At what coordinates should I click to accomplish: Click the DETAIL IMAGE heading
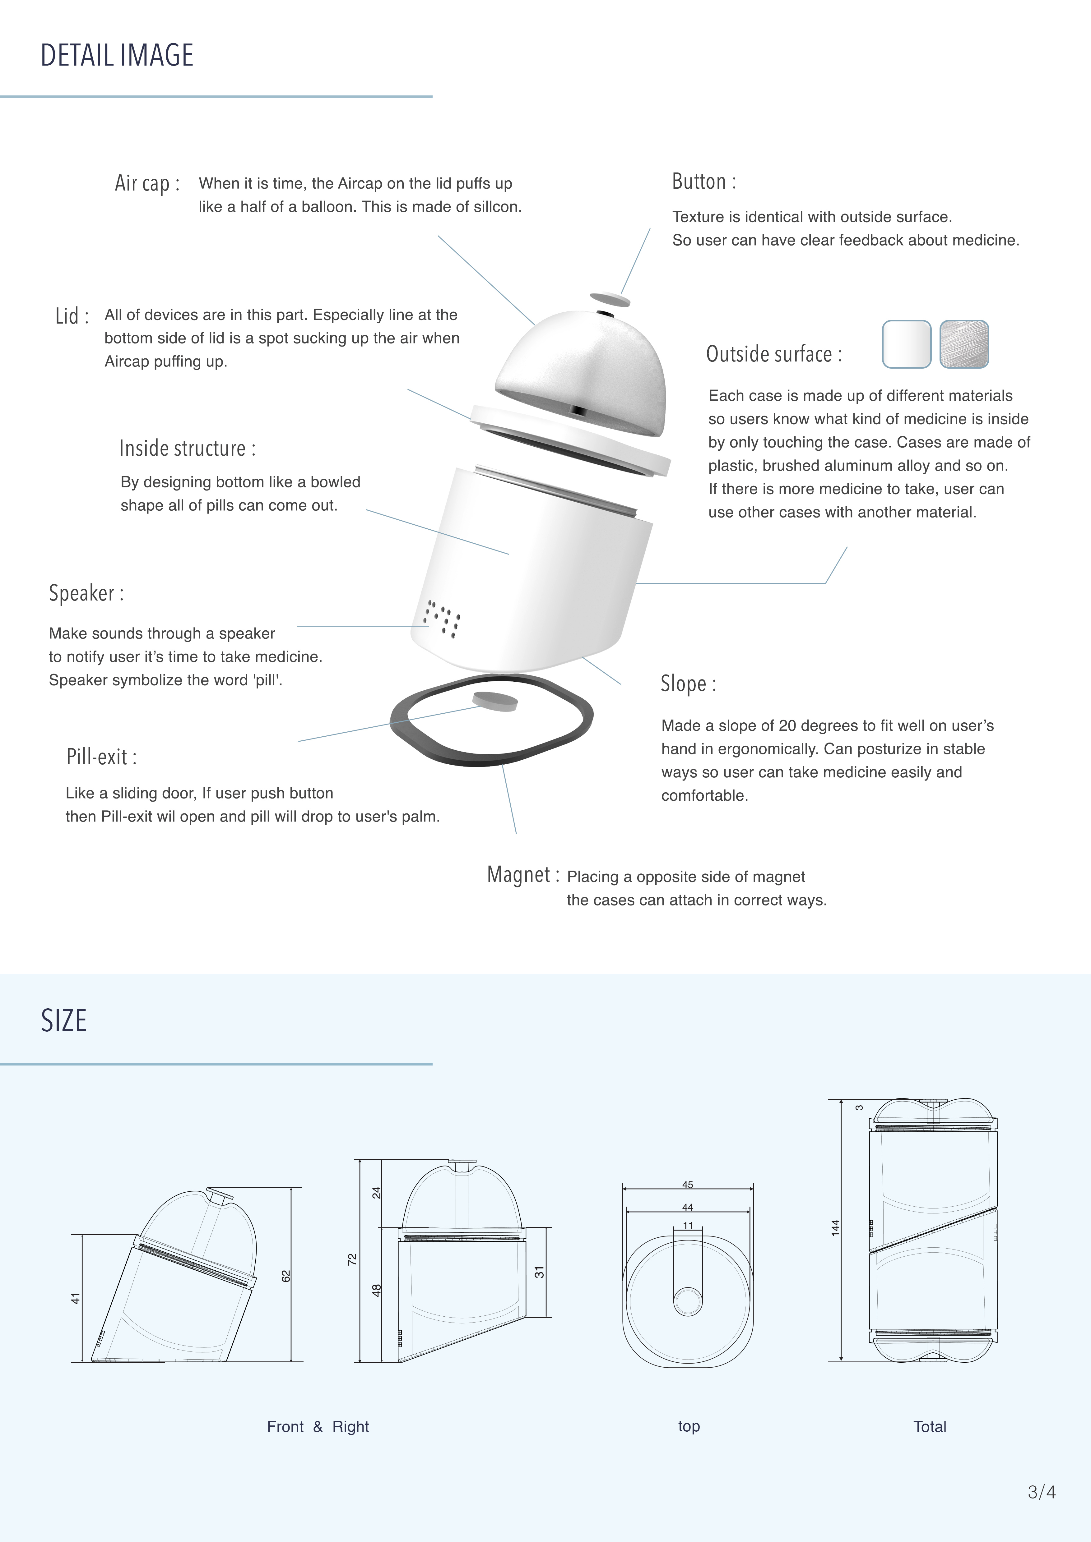point(117,55)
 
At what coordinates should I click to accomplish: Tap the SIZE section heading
point(64,1021)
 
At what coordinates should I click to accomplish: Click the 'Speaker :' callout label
point(86,593)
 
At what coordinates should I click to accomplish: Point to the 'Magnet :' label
point(523,874)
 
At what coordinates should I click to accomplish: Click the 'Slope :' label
point(688,684)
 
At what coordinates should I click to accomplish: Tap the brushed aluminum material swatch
point(964,344)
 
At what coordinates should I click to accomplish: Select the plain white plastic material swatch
point(906,344)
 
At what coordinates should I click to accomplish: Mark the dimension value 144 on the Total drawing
point(835,1228)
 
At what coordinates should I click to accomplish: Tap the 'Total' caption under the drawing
point(930,1426)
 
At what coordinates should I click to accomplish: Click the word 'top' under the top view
point(689,1426)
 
